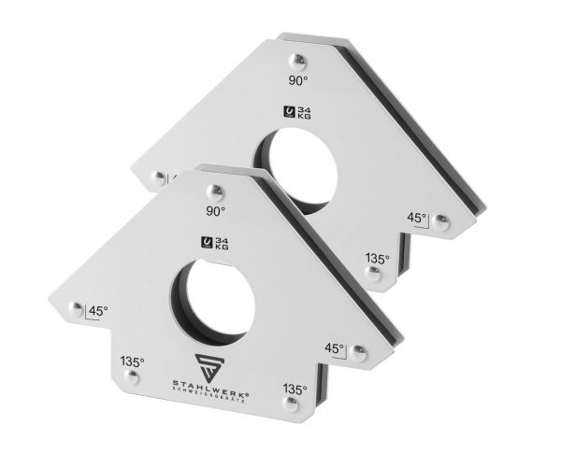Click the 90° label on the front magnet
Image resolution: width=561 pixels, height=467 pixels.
(215, 211)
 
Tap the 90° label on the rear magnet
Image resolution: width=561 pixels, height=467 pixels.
(298, 80)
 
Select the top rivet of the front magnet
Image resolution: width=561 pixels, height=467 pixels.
(215, 193)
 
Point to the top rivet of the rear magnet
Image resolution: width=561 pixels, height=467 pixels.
(297, 63)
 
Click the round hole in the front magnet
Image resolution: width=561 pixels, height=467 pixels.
(213, 303)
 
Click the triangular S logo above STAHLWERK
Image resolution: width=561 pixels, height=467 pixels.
(210, 368)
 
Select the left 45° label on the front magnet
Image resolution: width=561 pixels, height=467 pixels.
(98, 311)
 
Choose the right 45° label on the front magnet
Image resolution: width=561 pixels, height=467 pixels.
(334, 347)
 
